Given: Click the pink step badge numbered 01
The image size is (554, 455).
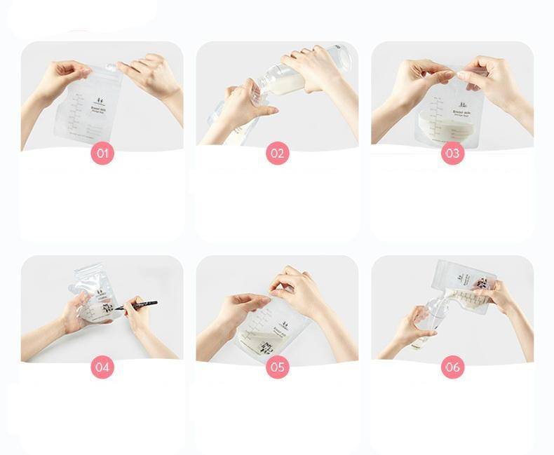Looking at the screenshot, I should click(x=102, y=154).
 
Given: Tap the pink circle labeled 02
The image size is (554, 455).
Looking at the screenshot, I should click(x=278, y=154).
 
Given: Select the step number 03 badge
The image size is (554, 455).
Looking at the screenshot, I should click(x=452, y=154).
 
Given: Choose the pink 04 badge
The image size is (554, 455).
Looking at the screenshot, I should click(x=102, y=367).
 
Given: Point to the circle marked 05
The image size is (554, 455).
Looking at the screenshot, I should click(x=278, y=367).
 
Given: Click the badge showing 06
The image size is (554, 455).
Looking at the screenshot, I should click(x=452, y=367).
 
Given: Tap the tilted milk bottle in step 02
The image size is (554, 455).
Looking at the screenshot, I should click(x=295, y=77).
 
